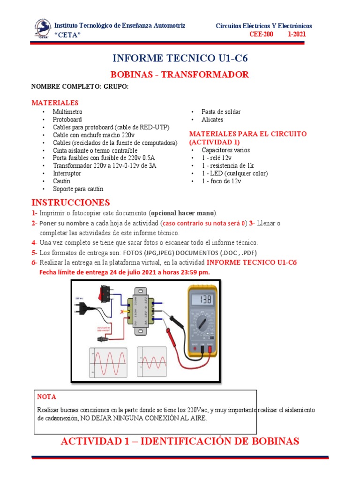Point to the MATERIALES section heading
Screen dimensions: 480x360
pos(55,103)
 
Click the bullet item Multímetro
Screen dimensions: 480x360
pos(67,112)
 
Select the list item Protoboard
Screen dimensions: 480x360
pos(67,120)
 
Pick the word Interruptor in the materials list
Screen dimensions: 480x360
pos(67,173)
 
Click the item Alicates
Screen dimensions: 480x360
pos(212,120)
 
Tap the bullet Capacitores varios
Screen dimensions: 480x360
pos(225,150)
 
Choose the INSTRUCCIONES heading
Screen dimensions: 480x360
pos(70,202)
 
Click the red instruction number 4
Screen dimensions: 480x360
pos(34,242)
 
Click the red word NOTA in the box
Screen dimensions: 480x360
pos(46,397)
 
